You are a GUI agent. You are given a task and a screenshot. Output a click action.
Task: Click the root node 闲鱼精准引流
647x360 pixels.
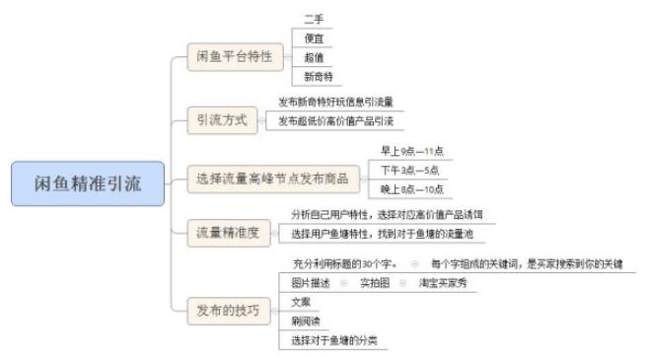click(x=89, y=180)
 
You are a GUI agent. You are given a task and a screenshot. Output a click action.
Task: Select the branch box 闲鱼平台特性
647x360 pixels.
click(x=235, y=57)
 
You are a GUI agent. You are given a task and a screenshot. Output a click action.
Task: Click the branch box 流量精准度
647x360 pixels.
click(x=228, y=233)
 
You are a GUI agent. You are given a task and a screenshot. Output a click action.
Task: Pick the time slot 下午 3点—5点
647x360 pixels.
click(x=410, y=170)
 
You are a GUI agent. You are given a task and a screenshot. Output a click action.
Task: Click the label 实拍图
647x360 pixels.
click(x=374, y=282)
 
